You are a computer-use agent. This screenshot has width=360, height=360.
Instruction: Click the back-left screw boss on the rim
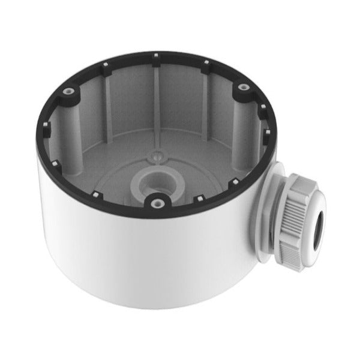[71, 90]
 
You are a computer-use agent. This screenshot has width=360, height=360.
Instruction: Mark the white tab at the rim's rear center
[155, 56]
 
